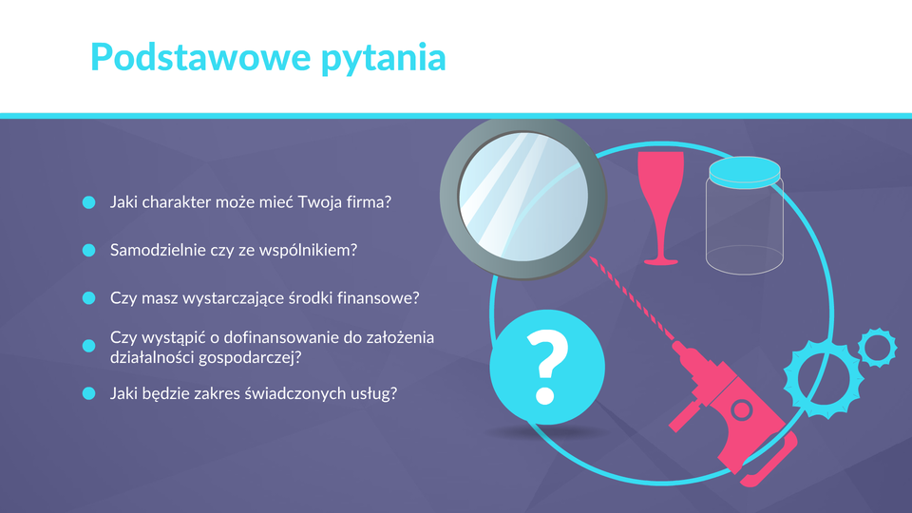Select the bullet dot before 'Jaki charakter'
[x=89, y=202]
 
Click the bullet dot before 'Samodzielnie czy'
[x=89, y=250]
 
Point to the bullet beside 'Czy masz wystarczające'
[x=89, y=297]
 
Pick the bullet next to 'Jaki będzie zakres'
[x=89, y=393]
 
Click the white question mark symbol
[x=547, y=367]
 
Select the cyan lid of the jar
[x=745, y=172]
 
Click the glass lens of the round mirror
[x=522, y=197]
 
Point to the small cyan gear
[x=877, y=348]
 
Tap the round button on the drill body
[x=741, y=409]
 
